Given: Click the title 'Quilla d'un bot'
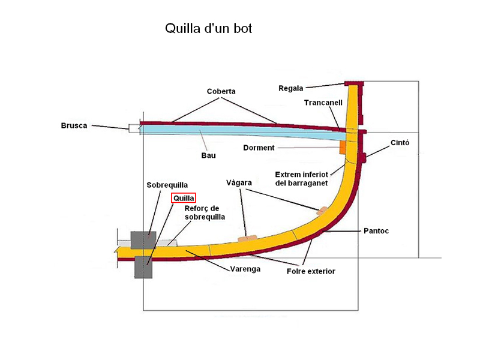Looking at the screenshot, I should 208,29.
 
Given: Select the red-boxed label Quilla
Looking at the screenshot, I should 184,197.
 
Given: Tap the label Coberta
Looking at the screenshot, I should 221,91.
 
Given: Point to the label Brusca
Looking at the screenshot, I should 74,125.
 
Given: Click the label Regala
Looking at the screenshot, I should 291,88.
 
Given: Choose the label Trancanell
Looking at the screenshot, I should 323,103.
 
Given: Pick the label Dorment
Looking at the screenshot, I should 259,148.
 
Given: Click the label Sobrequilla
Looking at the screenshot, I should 167,185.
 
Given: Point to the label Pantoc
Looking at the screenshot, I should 376,230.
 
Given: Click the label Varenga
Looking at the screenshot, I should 245,269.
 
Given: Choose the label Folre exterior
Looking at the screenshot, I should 310,272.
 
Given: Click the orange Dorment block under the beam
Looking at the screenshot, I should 343,146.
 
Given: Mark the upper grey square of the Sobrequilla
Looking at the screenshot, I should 143,241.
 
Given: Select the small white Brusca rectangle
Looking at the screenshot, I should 133,127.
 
